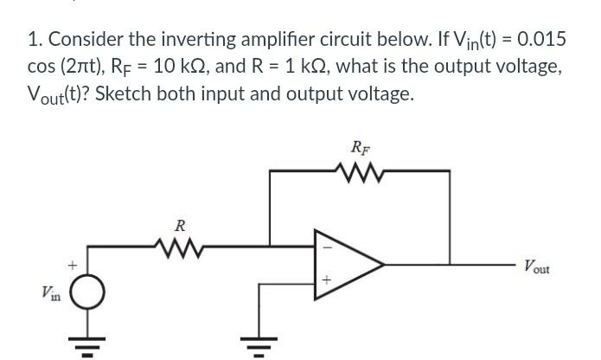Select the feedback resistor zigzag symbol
pyautogui.click(x=360, y=170)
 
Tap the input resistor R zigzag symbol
pyautogui.click(x=179, y=246)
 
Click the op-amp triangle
pyautogui.click(x=346, y=261)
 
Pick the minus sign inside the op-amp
pyautogui.click(x=326, y=246)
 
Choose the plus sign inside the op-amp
pyautogui.click(x=326, y=280)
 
